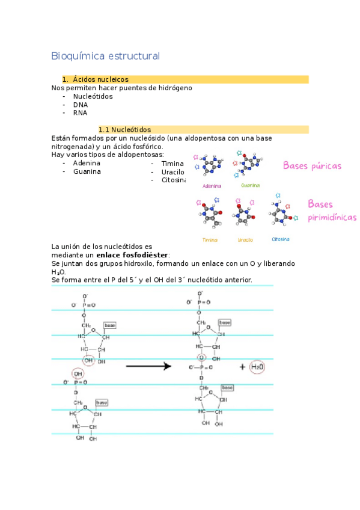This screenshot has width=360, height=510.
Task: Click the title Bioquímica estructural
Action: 106,56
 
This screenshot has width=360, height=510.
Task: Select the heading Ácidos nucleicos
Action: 100,79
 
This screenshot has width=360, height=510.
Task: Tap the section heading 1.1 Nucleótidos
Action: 124,129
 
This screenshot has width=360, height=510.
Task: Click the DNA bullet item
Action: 81,104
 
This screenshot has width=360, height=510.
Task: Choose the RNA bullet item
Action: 81,112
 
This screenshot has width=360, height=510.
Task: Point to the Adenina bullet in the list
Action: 87,163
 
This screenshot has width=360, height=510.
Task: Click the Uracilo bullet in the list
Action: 172,171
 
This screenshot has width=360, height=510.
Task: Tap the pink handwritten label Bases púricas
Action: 312,165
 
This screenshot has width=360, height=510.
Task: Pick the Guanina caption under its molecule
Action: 250,185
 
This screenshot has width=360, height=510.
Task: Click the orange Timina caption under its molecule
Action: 210,239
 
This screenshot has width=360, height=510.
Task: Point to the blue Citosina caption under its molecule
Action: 280,239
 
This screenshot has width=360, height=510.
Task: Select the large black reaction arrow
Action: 149,366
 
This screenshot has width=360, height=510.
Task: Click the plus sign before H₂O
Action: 242,367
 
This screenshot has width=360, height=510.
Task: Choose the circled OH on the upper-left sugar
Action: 89,360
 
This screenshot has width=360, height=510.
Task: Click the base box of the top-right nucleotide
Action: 224,323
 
